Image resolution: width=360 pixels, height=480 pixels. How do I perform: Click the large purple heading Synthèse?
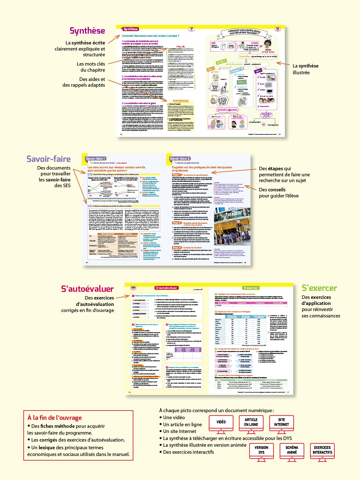(x=87, y=31)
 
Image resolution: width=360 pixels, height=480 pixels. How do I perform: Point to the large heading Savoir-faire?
(x=49, y=159)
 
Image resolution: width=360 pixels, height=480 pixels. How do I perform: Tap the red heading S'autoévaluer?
(x=87, y=289)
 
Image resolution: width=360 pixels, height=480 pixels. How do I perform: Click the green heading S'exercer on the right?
(x=319, y=288)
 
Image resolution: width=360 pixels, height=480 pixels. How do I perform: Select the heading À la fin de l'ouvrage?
(x=55, y=418)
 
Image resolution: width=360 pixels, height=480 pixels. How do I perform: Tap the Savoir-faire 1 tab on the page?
(x=95, y=158)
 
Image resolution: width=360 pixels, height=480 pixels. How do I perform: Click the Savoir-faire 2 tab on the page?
(x=180, y=158)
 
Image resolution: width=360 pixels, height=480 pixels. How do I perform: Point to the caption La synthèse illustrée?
(x=305, y=69)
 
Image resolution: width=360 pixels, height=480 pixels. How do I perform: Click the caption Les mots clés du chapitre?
(x=91, y=67)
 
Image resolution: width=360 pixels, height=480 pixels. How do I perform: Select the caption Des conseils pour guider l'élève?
(x=278, y=193)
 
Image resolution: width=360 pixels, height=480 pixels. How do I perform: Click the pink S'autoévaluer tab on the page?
(x=166, y=288)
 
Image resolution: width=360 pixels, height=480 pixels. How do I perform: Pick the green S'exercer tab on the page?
(x=251, y=288)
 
